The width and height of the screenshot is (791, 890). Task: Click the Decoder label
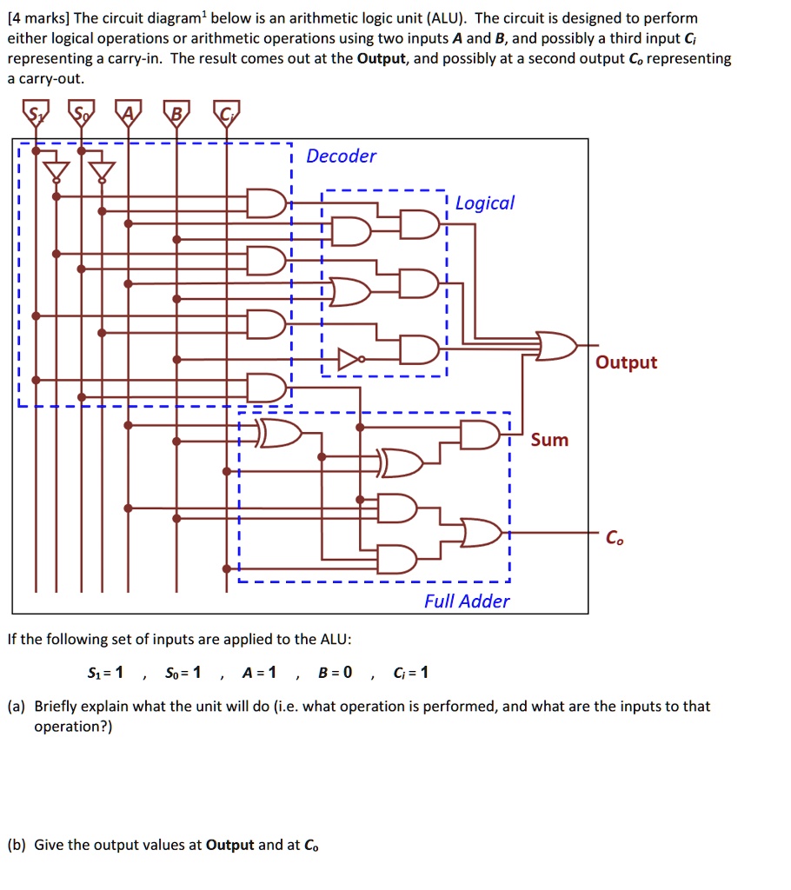[342, 156]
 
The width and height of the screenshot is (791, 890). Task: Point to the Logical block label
[485, 203]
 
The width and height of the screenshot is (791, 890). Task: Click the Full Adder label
[467, 601]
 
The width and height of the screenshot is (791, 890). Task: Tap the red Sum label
[549, 441]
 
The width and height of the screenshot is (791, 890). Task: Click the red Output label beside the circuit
[626, 362]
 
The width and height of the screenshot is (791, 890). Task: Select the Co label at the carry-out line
[614, 539]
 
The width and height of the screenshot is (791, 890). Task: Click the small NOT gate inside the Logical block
[349, 358]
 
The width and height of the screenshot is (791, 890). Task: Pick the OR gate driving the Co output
[481, 533]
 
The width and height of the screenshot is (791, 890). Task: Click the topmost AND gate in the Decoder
[266, 202]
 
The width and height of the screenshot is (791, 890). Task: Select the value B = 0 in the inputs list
[336, 672]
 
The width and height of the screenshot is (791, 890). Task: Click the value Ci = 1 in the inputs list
[410, 672]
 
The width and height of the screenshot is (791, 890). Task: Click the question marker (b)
[17, 844]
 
